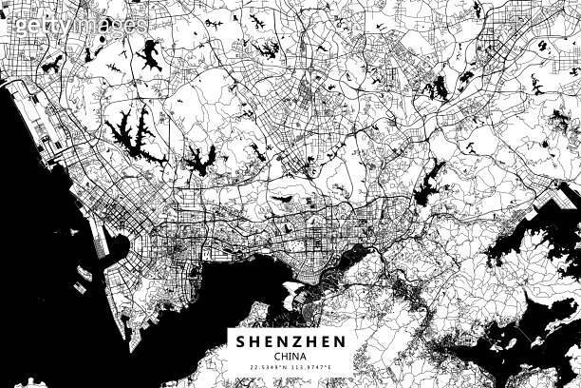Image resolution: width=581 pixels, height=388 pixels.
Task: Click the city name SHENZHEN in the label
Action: click(290, 341)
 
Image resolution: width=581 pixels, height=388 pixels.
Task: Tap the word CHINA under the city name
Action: click(290, 357)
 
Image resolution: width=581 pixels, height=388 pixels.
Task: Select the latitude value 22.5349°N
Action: click(268, 369)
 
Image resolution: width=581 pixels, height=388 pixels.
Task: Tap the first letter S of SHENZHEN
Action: click(240, 341)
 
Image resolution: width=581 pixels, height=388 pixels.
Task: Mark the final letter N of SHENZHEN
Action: click(340, 341)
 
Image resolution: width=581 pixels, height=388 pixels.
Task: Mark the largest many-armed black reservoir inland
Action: click(131, 132)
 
